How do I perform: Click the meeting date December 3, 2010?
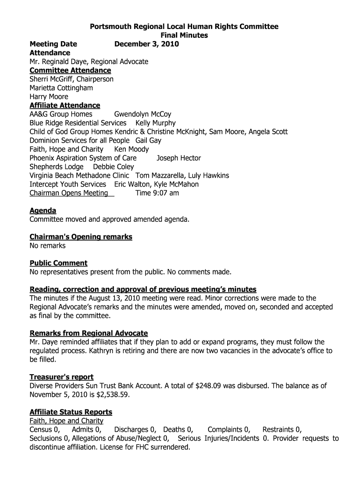pyautogui.click(x=147, y=44)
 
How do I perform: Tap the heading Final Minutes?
pyautogui.click(x=184, y=35)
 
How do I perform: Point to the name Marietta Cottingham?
pyautogui.click(x=61, y=88)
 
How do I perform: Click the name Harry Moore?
pyautogui.click(x=49, y=97)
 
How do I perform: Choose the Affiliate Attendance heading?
pyautogui.click(x=65, y=105)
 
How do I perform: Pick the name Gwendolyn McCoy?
pyautogui.click(x=143, y=114)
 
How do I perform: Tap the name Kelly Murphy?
pyautogui.click(x=155, y=123)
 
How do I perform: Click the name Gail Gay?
pyautogui.click(x=148, y=140)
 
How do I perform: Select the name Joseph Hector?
pyautogui.click(x=179, y=158)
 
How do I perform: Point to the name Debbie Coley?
pyautogui.click(x=114, y=167)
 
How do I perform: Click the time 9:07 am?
pyautogui.click(x=157, y=193)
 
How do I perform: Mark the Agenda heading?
pyautogui.click(x=43, y=210)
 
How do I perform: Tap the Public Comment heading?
pyautogui.click(x=58, y=263)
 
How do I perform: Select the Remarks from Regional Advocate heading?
pyautogui.click(x=89, y=333)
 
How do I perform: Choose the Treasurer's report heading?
pyautogui.click(x=61, y=377)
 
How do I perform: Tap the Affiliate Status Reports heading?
pyautogui.click(x=71, y=412)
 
